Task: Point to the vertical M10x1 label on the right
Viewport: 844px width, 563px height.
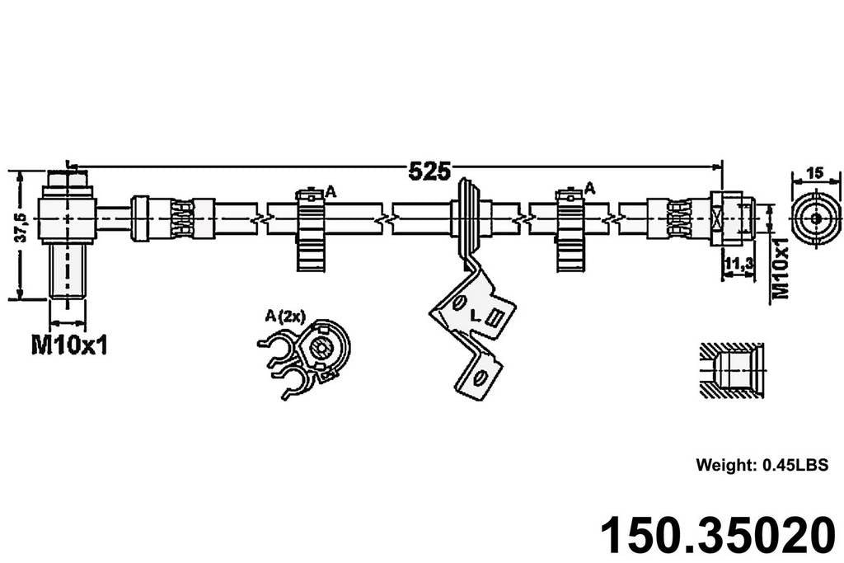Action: click(x=781, y=268)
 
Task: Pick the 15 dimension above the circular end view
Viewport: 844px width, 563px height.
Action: click(x=814, y=173)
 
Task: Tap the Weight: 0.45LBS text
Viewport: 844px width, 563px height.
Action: click(x=761, y=465)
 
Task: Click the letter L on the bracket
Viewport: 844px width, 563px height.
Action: click(x=476, y=315)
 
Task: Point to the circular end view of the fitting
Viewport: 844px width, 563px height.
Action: click(x=815, y=218)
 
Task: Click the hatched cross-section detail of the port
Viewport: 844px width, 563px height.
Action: click(x=730, y=369)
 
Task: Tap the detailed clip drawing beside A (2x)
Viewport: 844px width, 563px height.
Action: click(x=309, y=358)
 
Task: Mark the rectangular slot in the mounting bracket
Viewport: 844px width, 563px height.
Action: click(x=496, y=317)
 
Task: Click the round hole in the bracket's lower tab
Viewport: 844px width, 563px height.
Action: click(x=476, y=378)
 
